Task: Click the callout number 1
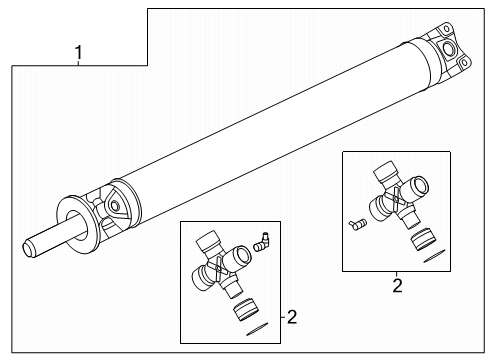pos(79,53)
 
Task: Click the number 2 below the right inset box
pos(397,286)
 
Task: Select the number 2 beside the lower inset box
pos(292,317)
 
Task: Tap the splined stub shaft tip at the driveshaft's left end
pos(29,248)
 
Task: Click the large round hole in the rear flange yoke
pos(448,49)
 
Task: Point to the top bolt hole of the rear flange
pos(445,29)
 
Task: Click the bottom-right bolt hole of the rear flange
pos(464,62)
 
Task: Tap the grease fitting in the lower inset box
pos(262,242)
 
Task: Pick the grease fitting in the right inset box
pos(357,224)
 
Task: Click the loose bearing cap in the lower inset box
pos(246,310)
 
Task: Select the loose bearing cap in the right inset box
pos(423,239)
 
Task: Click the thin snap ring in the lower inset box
pos(257,329)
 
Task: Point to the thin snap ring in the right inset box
pos(434,256)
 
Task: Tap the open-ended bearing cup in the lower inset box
pos(238,256)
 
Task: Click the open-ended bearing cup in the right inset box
pos(415,188)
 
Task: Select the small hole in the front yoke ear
pos(115,206)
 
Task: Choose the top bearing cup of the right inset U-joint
pos(385,174)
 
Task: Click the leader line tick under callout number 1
pos(79,63)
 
